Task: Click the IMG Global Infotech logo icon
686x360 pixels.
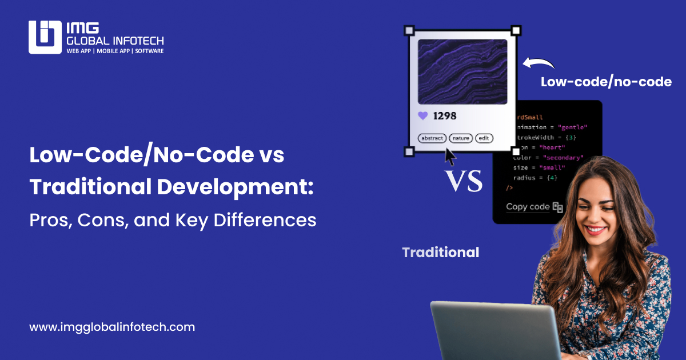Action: click(45, 37)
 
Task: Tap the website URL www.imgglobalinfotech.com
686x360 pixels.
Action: click(112, 327)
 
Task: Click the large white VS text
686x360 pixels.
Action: click(464, 182)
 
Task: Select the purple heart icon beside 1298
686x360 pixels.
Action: click(423, 116)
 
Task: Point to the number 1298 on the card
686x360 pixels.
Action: click(445, 116)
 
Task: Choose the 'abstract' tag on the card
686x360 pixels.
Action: click(432, 138)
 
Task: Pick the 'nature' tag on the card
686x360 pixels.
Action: click(461, 138)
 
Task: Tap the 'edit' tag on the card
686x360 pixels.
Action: click(484, 138)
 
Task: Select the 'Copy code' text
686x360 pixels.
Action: click(528, 207)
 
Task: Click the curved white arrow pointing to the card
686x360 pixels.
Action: click(539, 62)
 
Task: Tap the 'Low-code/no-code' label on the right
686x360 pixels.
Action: click(606, 82)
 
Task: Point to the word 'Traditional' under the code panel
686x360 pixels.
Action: click(441, 252)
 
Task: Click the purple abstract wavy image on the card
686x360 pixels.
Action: click(462, 71)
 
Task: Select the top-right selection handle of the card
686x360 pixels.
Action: click(516, 30)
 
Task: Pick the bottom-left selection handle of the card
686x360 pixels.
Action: click(409, 151)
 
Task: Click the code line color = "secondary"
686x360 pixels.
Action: click(548, 157)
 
